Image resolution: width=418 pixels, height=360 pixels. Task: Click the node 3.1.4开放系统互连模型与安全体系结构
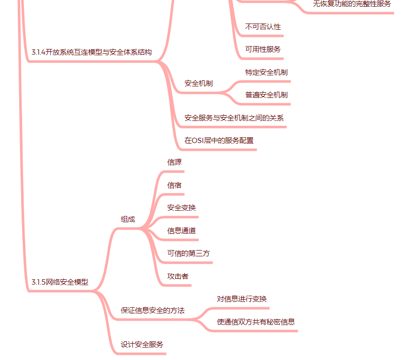tap(91, 52)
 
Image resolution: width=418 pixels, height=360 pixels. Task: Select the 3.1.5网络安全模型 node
tap(60, 282)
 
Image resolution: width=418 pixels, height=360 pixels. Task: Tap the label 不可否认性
tap(263, 27)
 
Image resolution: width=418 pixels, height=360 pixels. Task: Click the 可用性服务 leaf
tap(263, 49)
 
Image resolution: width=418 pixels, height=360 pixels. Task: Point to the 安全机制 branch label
tap(198, 84)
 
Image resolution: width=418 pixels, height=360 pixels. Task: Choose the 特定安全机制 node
tap(266, 72)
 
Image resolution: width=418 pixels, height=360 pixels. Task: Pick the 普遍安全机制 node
tap(266, 95)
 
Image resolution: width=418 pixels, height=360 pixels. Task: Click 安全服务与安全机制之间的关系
tap(234, 118)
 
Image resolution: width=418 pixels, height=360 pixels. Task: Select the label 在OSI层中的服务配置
tap(219, 141)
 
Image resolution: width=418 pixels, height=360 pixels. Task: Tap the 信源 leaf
tap(174, 162)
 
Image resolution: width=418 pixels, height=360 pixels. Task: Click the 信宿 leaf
tap(174, 185)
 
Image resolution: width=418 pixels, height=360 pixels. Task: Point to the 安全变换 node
tap(181, 208)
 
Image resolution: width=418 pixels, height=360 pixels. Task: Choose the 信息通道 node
tap(181, 231)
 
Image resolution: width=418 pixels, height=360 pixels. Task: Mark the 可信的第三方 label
tap(188, 253)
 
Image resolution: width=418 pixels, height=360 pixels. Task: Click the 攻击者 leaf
tap(178, 276)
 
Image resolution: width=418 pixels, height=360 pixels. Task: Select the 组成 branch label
tap(128, 219)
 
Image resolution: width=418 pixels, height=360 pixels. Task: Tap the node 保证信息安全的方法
tap(152, 311)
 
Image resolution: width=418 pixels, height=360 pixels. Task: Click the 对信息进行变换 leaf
tap(241, 299)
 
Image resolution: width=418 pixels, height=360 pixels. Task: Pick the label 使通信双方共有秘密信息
tap(255, 322)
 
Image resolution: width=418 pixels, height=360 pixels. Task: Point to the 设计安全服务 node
tap(142, 345)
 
